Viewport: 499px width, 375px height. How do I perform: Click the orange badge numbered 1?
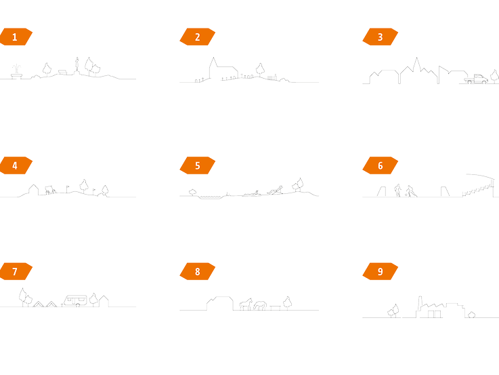click(16, 37)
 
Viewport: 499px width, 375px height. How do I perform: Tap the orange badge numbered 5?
click(197, 165)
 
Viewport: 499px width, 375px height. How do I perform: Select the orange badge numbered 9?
click(380, 271)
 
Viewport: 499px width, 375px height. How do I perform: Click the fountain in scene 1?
click(16, 72)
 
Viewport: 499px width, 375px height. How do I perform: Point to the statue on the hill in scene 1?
click(77, 65)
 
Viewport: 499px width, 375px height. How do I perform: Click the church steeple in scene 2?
click(213, 63)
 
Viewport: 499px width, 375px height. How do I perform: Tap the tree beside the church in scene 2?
click(260, 69)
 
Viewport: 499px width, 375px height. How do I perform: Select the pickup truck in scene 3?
click(476, 79)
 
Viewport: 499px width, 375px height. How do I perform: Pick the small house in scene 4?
click(33, 190)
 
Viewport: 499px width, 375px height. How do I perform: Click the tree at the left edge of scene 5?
click(192, 192)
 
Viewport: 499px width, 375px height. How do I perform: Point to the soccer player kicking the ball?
click(410, 191)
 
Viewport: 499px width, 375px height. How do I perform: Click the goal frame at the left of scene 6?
click(382, 191)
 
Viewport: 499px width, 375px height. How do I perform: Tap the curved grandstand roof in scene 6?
click(481, 176)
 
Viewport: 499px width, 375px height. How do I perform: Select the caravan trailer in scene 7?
click(74, 301)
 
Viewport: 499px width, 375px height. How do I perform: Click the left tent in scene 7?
click(38, 304)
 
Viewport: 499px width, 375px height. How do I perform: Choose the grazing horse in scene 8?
click(260, 305)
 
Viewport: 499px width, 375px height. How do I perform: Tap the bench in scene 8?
click(276, 307)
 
